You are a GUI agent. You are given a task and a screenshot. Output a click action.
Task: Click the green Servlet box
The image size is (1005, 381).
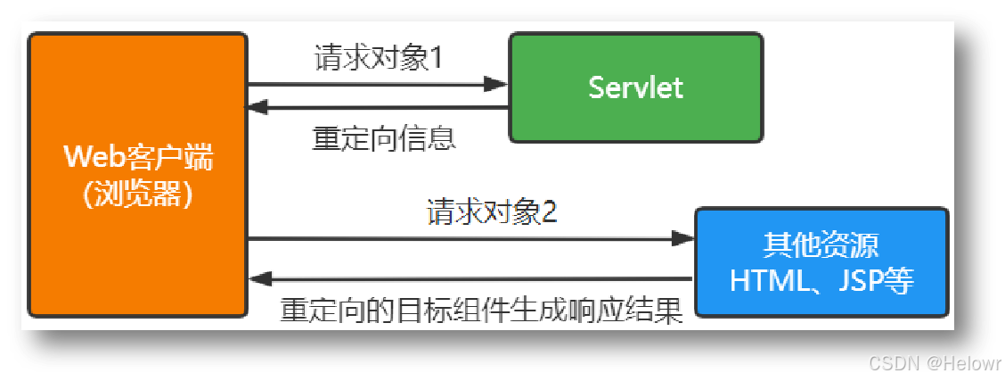pos(635,87)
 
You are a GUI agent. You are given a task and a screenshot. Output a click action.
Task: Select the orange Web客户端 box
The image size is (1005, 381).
pos(138,175)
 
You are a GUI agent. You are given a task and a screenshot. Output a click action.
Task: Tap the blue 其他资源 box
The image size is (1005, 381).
pos(821,262)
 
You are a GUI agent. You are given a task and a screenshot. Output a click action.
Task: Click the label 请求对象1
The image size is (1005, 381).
pos(379,58)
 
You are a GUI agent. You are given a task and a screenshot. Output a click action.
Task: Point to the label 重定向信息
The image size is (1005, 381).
pos(384,138)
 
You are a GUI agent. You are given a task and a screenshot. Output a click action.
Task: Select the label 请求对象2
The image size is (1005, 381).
pos(492,212)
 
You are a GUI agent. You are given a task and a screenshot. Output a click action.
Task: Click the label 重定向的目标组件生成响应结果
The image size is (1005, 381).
pos(481,311)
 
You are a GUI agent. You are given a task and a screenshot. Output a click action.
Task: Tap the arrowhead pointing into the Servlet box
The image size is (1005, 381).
pos(496,84)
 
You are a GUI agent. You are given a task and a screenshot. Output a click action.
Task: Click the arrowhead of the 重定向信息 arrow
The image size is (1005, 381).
pos(259,108)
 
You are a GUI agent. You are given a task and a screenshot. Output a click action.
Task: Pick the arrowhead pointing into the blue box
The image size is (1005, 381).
pos(683,238)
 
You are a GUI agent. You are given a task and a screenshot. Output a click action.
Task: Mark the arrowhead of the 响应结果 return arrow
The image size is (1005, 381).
pos(259,279)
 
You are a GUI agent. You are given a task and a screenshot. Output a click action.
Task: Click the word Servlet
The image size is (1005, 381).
pos(635,87)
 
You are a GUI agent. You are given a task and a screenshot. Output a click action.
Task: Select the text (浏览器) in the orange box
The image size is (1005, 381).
pos(138,195)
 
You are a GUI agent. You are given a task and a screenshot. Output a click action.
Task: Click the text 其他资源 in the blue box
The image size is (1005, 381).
pos(821,245)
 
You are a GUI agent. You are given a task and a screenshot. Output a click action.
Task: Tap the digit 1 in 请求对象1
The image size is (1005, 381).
pos(436,59)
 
